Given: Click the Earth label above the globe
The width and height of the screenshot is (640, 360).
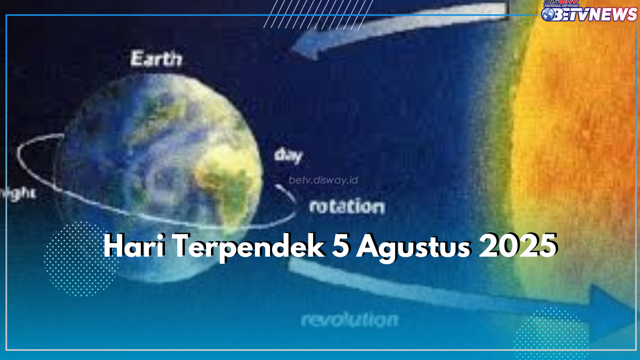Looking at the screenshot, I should pos(156,59).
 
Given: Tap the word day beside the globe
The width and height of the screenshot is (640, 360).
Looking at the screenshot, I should pos(288,156).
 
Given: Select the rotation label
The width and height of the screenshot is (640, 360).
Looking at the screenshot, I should pos(347,207).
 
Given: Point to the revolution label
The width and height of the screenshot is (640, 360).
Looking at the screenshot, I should pos(349,320).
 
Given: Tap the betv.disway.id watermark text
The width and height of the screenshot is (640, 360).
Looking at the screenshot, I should pos(323,180).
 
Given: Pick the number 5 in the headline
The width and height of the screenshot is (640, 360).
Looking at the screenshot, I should pos(341,246).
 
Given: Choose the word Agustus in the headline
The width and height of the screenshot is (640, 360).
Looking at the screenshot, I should pos(414,247).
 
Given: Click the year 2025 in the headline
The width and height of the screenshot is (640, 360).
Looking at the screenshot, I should pos(518,246).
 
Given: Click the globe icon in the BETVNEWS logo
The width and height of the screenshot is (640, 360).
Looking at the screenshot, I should pos(548,14).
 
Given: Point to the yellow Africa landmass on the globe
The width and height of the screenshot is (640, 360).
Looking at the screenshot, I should pos(227,180).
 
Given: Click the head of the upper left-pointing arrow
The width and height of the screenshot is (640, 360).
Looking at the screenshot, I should pos(305,48).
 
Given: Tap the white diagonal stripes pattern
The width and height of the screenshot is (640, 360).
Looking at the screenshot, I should pos(318,14).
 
